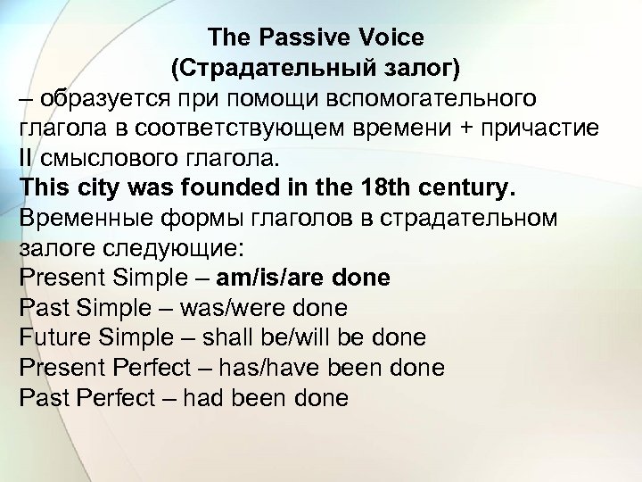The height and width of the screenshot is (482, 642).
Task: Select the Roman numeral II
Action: [25, 159]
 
